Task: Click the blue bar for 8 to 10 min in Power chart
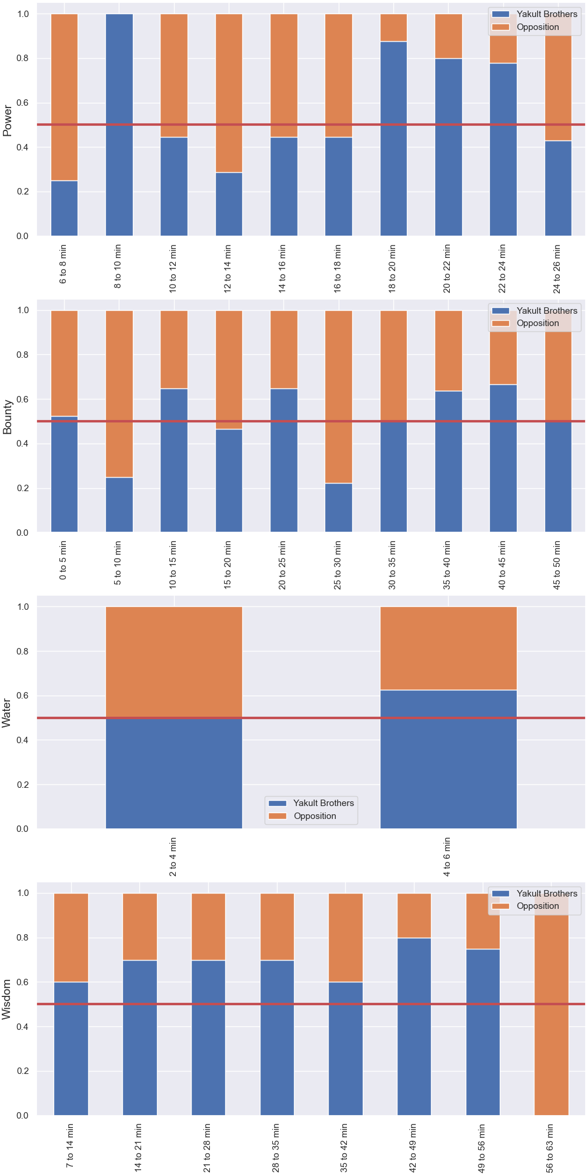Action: click(x=119, y=125)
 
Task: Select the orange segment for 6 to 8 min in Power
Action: click(x=64, y=97)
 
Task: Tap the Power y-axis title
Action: click(x=8, y=120)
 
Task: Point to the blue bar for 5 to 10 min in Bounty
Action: click(x=119, y=505)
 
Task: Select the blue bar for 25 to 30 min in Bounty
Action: click(x=339, y=508)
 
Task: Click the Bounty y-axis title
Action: click(x=8, y=417)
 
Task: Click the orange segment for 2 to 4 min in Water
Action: click(x=174, y=662)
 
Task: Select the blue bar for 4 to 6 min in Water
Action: click(x=449, y=759)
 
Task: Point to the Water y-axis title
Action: click(x=7, y=713)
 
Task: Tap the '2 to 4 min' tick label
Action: click(x=173, y=857)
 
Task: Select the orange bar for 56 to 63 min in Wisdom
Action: click(x=552, y=1004)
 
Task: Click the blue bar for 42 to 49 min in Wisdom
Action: click(x=415, y=1026)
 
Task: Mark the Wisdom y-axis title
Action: click(x=7, y=999)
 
